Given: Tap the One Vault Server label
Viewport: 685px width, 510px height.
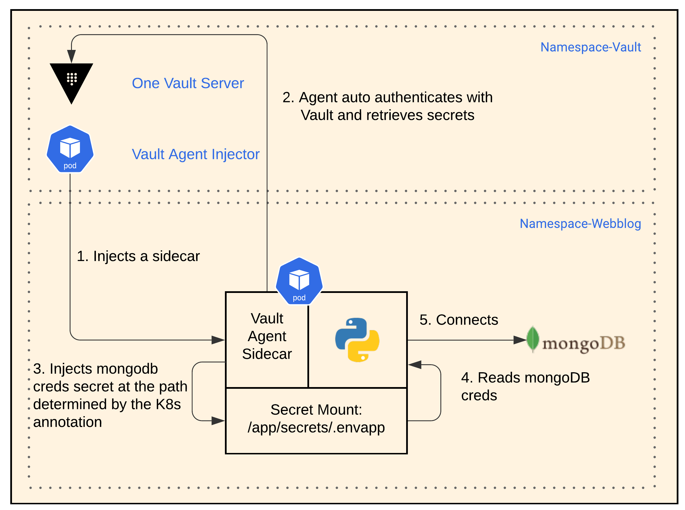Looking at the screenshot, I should coord(188,83).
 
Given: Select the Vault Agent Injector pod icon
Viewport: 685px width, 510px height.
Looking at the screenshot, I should coord(70,149).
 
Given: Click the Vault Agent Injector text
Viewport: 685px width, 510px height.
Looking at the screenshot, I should coord(196,154).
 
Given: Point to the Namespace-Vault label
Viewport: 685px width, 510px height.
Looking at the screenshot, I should coord(590,47).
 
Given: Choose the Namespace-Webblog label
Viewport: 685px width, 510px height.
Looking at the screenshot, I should coord(580,224).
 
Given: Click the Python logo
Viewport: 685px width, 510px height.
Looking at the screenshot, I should coord(357,340).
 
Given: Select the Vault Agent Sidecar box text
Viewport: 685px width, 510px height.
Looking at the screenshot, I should coord(267,336).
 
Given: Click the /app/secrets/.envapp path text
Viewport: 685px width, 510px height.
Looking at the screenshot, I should coord(316,428).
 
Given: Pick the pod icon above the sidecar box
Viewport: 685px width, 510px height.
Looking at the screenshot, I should coord(299,281).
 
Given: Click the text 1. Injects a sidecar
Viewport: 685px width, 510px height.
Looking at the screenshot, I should coord(138,256).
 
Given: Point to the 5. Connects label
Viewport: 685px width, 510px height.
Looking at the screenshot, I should coord(458,320).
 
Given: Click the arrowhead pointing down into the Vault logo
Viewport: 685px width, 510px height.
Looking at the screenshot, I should coord(71,56).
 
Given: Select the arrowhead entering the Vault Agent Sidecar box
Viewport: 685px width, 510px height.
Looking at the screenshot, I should coord(218,340).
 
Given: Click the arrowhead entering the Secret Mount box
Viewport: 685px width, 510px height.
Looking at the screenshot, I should coord(218,421).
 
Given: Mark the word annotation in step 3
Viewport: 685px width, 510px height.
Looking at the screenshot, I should coord(67,422).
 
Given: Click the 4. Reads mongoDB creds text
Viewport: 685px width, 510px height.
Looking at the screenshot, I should coord(525,386).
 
